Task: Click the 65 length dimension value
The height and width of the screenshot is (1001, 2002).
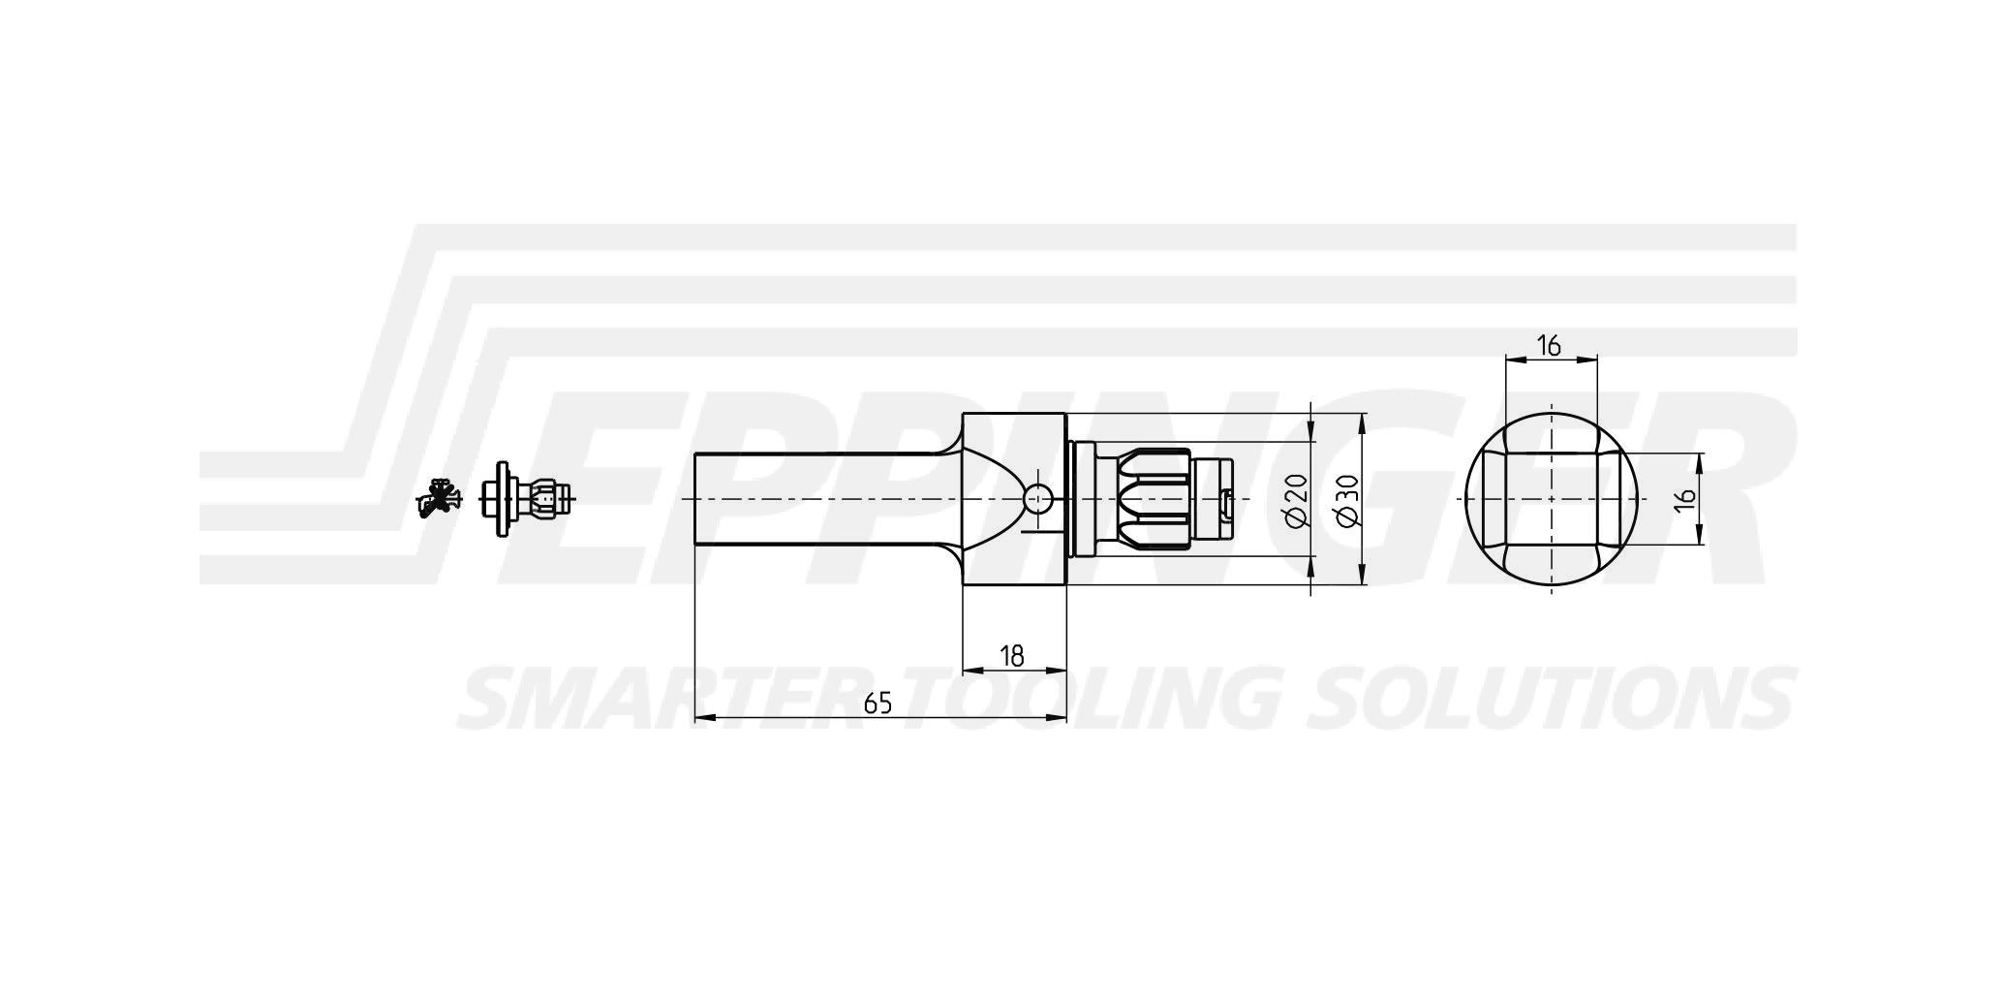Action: click(x=878, y=704)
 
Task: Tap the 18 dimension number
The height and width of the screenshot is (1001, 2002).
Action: click(x=1011, y=656)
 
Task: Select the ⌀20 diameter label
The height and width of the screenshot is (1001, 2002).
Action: click(x=1297, y=500)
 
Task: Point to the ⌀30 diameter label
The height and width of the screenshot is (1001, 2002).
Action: click(x=1348, y=500)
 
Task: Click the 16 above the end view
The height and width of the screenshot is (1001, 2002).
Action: click(x=1549, y=345)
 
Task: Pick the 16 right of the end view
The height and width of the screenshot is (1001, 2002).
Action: click(x=1685, y=498)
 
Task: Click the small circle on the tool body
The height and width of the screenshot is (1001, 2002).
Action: click(x=1037, y=499)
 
